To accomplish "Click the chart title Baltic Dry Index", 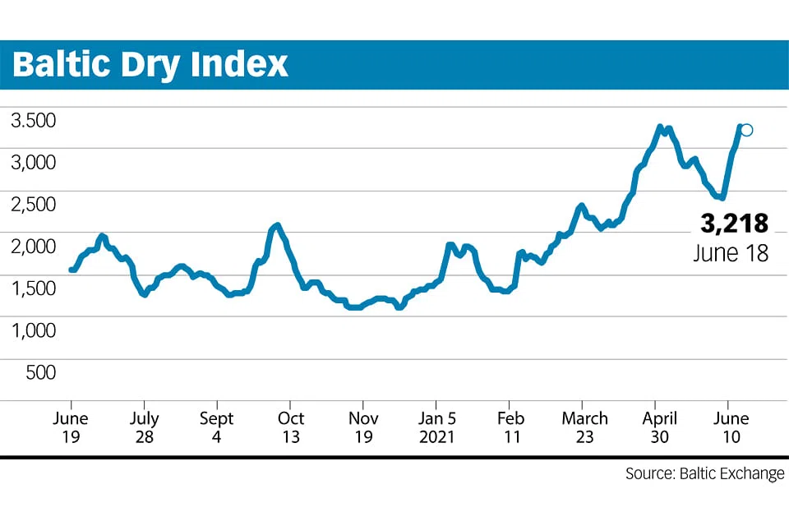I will coord(151,64).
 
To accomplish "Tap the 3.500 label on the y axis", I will coord(33,120).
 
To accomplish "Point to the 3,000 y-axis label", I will coord(33,162).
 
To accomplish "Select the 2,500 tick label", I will coord(33,204).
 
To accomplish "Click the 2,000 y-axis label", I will coord(33,246).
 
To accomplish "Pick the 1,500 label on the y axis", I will coord(33,288).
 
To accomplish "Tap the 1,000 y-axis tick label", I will coord(33,330).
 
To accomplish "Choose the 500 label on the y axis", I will coord(41,371).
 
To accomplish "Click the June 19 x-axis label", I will coord(71,427).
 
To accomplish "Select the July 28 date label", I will coord(144,427).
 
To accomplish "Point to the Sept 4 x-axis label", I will coord(217,427).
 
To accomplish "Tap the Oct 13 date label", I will coord(290,427).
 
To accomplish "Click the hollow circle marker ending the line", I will coord(746,130).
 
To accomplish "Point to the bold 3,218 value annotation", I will coord(734,223).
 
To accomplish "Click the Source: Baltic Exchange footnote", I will coord(704,474).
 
